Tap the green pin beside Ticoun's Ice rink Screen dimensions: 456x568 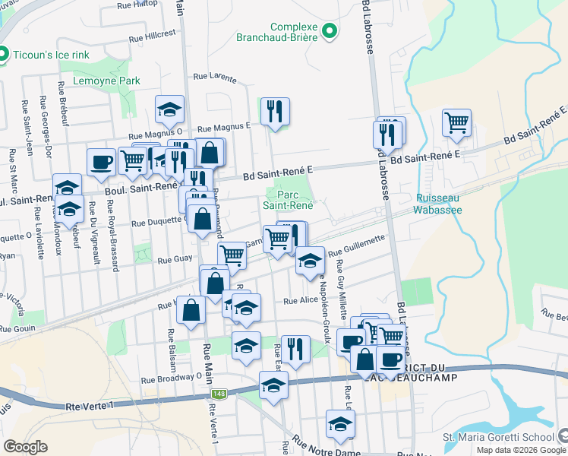3,54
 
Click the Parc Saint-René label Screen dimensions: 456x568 288,199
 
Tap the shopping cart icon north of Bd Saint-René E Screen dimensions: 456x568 456,122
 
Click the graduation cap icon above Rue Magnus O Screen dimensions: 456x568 169,109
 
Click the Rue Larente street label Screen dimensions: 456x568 215,77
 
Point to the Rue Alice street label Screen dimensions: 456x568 301,300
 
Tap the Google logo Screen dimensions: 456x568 26,447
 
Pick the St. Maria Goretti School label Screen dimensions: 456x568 497,437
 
